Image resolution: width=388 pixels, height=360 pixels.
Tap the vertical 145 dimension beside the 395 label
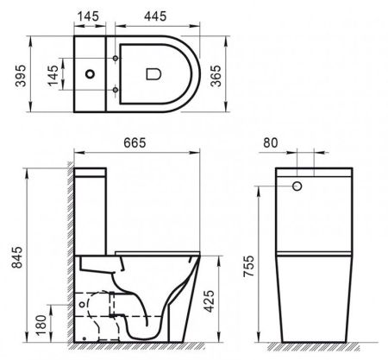coord(54,75)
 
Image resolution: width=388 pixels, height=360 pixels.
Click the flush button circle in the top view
coord(91,75)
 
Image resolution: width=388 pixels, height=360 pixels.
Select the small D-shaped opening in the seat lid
coord(154,75)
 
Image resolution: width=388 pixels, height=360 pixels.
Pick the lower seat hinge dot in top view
coord(116,90)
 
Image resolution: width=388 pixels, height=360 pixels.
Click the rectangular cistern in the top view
coord(91,75)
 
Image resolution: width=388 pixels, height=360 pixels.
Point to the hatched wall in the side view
coord(69,259)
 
